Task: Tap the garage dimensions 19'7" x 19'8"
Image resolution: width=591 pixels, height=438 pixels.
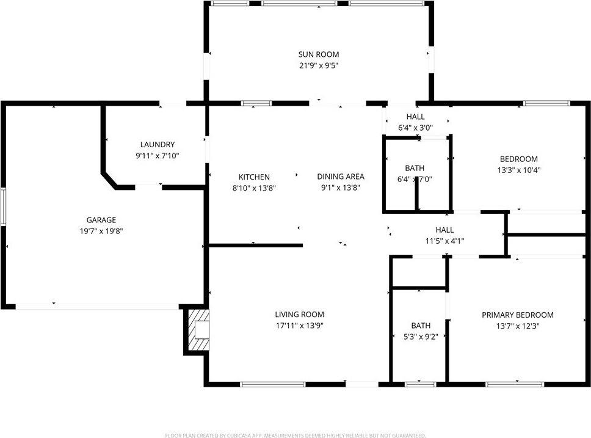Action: pos(101,231)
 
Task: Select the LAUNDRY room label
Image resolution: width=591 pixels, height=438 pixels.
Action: pos(158,145)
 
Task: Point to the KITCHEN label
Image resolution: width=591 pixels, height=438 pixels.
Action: pos(254,177)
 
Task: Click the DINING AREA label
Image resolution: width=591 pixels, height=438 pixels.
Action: pos(340,177)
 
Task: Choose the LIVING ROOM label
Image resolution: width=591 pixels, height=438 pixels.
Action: pos(299,315)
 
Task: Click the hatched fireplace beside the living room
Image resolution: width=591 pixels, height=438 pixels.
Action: pos(198,331)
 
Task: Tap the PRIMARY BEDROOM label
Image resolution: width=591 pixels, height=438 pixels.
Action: pos(517,315)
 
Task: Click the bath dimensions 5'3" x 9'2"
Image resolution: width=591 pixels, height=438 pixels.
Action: pos(420,336)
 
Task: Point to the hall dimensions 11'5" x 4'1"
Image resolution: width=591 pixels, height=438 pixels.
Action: pos(444,241)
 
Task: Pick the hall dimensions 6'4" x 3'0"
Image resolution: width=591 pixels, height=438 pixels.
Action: pos(415,128)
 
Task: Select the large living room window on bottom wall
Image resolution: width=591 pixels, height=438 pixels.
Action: pos(272,384)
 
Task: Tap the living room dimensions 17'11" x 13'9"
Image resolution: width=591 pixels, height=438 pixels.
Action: pos(299,326)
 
